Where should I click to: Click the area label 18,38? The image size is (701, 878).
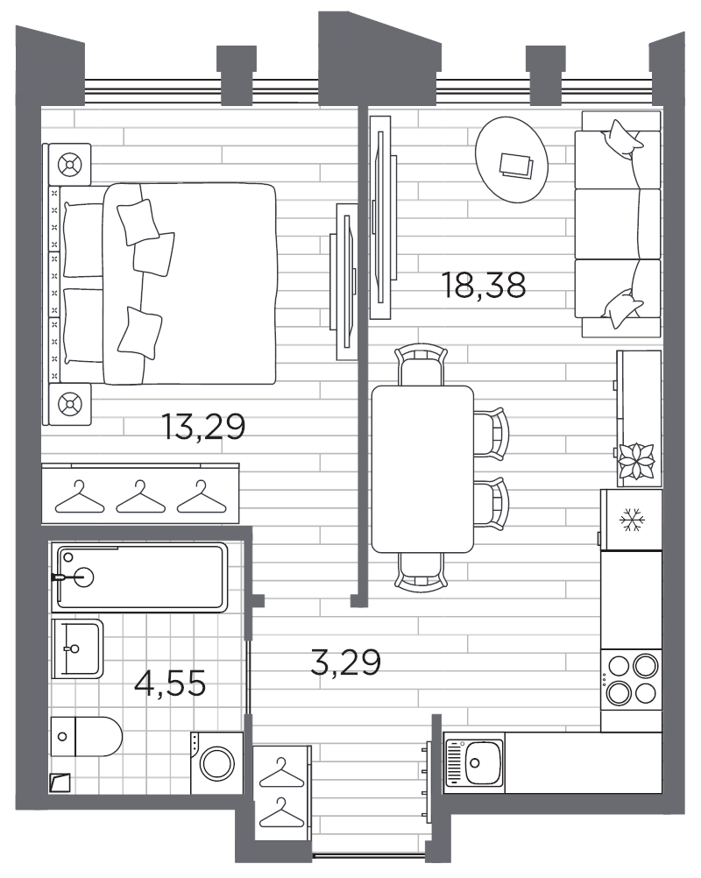coord(485,287)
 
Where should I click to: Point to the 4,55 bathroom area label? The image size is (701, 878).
coord(170,682)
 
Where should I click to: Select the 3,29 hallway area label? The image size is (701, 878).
coord(345,662)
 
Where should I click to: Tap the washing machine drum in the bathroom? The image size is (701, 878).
coord(216,761)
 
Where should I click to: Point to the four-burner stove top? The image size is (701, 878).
coord(632,679)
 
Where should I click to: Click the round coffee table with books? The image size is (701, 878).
coord(513,159)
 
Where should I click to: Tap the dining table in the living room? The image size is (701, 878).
coord(421,469)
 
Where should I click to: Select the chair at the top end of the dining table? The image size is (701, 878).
coord(421,364)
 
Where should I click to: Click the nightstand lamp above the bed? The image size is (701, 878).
coord(67,164)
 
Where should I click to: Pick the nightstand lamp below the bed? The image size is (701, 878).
coord(67,404)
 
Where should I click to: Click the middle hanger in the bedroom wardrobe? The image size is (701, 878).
coord(140,497)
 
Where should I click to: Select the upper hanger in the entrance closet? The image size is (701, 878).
coord(281,772)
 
